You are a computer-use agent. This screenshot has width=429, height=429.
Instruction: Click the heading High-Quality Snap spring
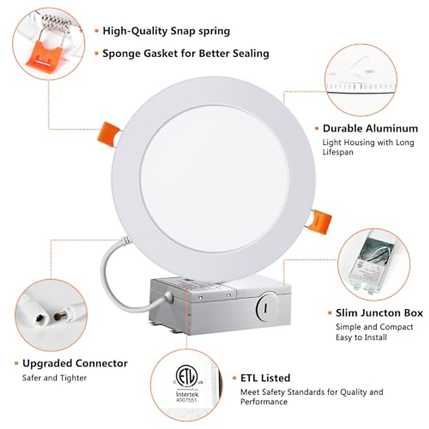(166, 31)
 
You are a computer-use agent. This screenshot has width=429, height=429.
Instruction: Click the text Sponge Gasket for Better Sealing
(186, 54)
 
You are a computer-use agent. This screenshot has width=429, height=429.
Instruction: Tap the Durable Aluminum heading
(370, 128)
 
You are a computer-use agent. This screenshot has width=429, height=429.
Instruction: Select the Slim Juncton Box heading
(379, 313)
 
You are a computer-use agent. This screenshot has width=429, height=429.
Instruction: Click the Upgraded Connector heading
(75, 363)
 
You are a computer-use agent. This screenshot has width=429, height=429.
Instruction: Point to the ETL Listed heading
(265, 378)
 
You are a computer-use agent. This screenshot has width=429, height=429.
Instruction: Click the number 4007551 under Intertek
(186, 400)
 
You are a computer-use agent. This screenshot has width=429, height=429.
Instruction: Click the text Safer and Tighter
(54, 378)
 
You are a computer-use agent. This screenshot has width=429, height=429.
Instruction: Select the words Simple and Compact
(374, 327)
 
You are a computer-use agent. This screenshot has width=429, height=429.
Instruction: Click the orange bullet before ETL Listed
(235, 378)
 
